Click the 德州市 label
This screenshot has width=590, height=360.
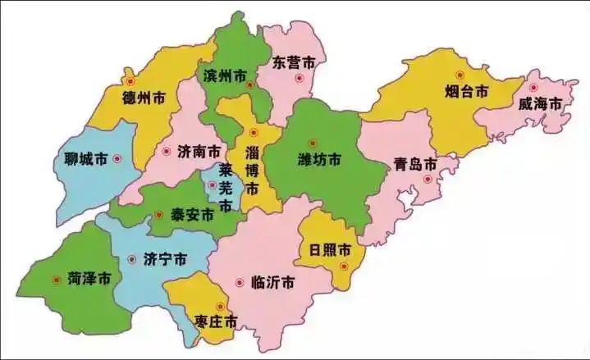[144, 98]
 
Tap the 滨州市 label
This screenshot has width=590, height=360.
[224, 76]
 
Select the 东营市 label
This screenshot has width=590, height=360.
[294, 62]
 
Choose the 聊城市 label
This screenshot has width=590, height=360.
[85, 158]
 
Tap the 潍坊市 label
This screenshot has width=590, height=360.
[320, 160]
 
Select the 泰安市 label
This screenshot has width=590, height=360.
[192, 215]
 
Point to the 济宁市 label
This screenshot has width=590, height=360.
[165, 259]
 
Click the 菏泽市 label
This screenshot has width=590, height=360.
[89, 279]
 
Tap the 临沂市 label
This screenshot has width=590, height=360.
[274, 282]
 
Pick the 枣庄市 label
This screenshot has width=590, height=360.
[217, 321]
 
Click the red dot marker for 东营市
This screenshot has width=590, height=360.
[300, 79]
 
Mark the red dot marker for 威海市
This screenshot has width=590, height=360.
[533, 87]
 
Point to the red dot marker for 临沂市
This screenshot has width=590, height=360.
[239, 282]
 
